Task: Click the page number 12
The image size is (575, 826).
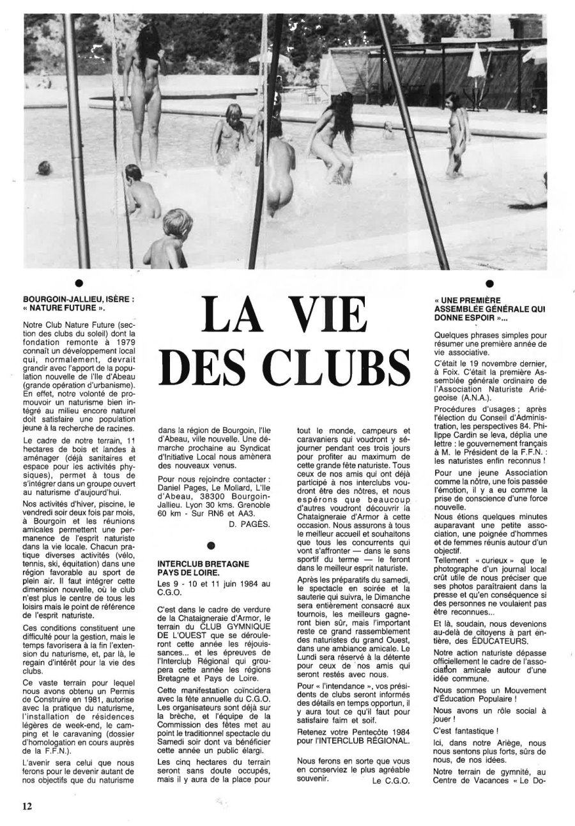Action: pyautogui.click(x=27, y=806)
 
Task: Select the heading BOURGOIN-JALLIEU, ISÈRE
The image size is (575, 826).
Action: pyautogui.click(x=79, y=298)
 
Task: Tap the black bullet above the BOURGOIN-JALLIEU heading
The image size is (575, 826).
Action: pyautogui.click(x=79, y=282)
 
